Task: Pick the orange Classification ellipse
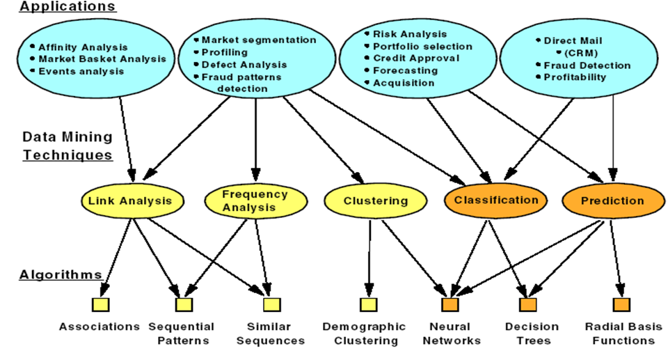click(496, 200)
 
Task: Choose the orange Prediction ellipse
click(613, 201)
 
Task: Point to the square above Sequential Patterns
click(184, 304)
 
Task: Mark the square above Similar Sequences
click(271, 304)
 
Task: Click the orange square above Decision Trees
click(528, 304)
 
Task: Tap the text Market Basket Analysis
click(102, 58)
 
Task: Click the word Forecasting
click(405, 70)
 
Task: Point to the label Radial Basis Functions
click(620, 334)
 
